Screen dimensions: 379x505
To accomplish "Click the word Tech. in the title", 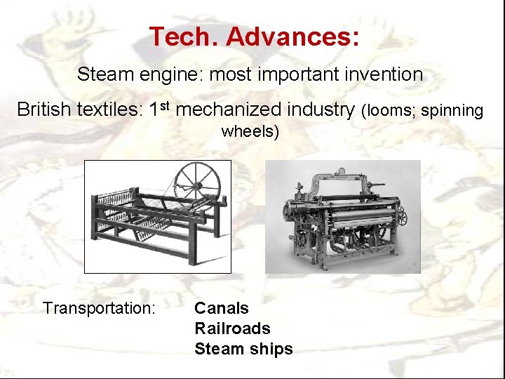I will pos(183,36).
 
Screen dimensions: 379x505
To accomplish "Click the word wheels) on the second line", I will pos(250,131).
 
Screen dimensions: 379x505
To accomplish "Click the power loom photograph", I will pos(342,216).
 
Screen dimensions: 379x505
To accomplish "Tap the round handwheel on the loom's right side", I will pos(402,216).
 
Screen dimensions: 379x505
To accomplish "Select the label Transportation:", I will pos(99,308).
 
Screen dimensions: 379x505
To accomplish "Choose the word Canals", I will pos(221,308).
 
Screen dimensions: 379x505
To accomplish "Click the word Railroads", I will pos(232,328).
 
